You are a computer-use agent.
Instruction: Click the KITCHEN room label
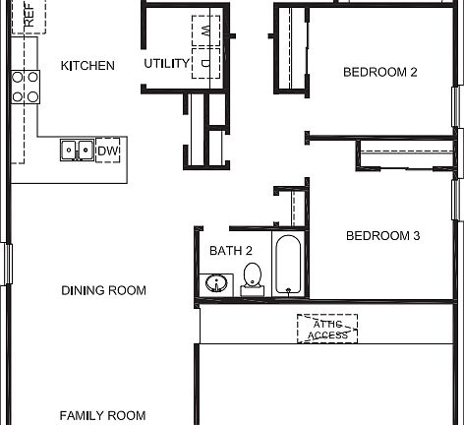[87, 66]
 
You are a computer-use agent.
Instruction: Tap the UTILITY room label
[166, 64]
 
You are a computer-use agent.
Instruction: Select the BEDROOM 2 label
[380, 72]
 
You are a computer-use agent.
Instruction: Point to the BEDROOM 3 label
[382, 236]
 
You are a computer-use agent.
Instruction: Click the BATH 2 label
[231, 251]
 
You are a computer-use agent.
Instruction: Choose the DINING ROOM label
[103, 290]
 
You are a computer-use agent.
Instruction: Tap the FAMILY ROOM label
[102, 416]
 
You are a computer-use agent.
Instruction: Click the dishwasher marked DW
[108, 150]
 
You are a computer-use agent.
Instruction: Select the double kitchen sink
[77, 150]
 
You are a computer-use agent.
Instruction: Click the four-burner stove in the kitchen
[26, 87]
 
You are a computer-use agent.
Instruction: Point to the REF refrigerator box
[29, 17]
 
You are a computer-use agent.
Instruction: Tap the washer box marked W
[205, 30]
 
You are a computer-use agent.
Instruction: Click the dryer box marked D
[205, 63]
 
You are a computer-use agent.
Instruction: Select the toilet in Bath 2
[253, 278]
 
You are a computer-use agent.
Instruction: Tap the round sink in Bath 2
[216, 284]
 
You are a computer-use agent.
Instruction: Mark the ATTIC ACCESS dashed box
[327, 330]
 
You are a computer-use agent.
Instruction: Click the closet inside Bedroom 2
[292, 49]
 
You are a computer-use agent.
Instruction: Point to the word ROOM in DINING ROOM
[128, 290]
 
